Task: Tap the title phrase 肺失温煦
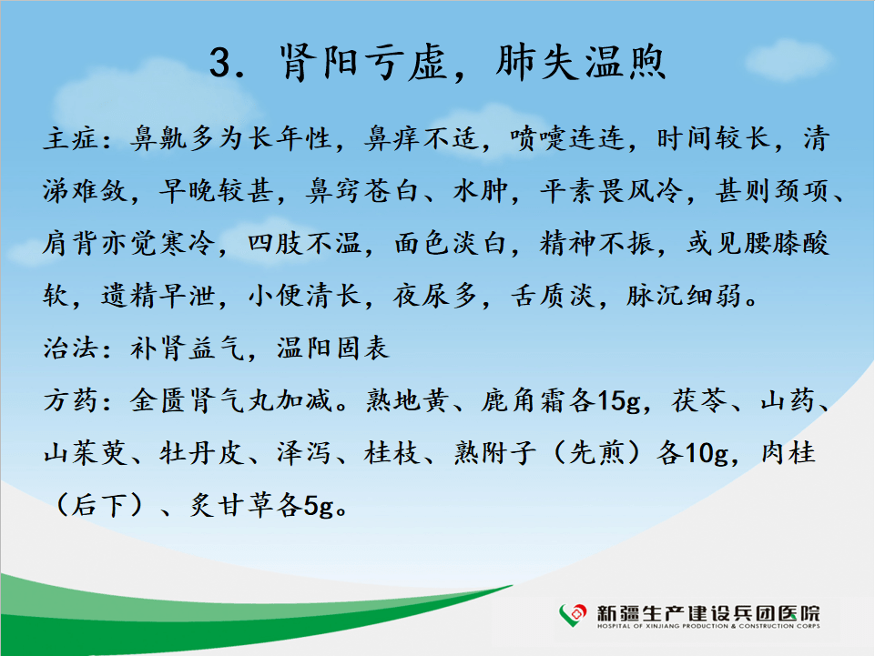[581, 62]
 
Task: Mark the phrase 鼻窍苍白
[362, 191]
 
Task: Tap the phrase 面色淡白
[451, 243]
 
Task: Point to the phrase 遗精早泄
[158, 296]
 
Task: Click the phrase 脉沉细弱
[684, 296]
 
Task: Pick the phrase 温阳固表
[333, 348]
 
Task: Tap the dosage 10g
[707, 454]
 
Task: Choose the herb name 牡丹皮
[202, 453]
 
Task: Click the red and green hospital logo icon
[573, 615]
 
